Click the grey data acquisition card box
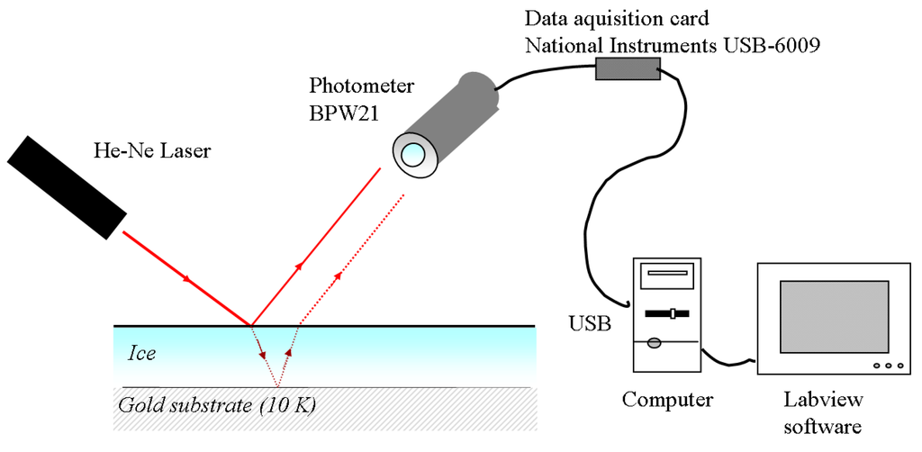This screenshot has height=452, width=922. (626, 68)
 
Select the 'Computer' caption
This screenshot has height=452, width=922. (668, 399)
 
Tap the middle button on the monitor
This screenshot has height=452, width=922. (887, 365)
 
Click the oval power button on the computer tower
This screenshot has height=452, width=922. (655, 342)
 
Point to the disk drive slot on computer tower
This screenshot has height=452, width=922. (668, 275)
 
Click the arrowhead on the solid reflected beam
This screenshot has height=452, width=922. (299, 264)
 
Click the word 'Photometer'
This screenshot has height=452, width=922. (361, 87)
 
